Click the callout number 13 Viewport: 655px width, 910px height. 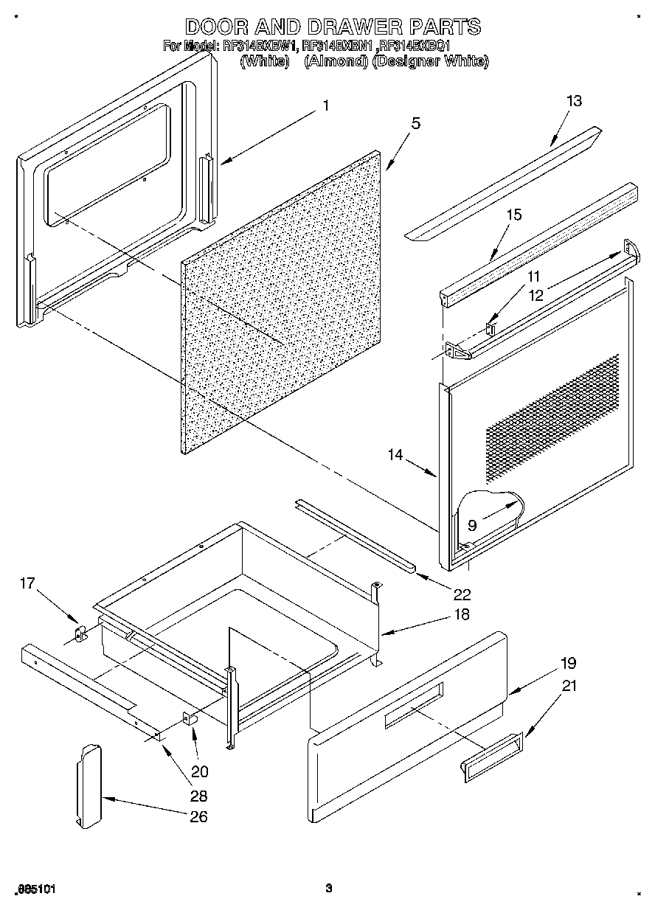574,101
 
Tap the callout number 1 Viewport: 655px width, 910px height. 325,105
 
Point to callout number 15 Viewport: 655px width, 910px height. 513,215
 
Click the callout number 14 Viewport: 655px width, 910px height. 395,455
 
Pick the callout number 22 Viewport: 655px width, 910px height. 462,594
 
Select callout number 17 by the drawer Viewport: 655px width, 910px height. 27,583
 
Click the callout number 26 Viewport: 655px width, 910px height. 198,816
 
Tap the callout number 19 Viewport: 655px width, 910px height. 568,663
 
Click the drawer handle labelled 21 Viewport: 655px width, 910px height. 491,757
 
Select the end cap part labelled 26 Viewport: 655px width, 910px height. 88,785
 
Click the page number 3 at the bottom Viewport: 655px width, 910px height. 329,888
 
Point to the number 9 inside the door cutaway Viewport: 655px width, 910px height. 472,525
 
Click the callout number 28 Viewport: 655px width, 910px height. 198,796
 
